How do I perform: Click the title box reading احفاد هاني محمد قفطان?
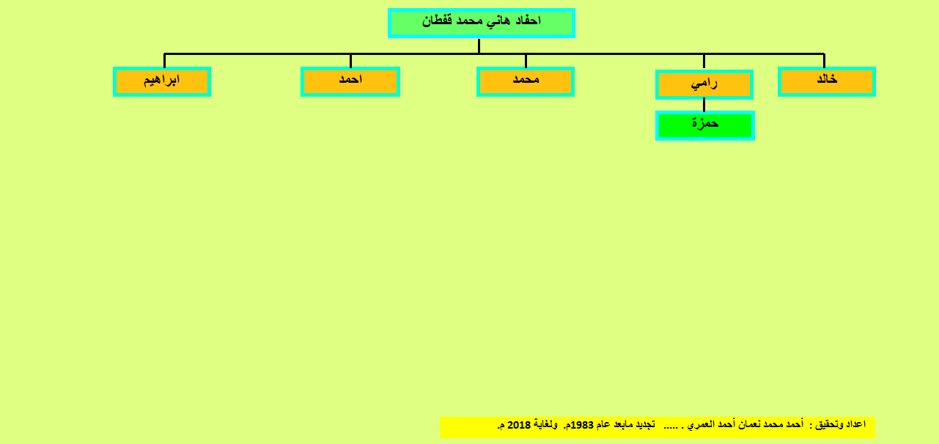482,23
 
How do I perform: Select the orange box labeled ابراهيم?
162,81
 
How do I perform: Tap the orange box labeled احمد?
350,81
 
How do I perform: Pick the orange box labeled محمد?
526,81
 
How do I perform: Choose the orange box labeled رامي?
704,84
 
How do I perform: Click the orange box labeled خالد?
827,81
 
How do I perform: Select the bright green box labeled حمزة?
705,126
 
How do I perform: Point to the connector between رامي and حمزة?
704,105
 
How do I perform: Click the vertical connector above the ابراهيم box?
164,60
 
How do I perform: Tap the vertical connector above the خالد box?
824,60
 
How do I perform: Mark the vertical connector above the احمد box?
350,60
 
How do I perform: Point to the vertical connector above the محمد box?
526,60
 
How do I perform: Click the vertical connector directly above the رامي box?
704,62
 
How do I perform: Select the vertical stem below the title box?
479,45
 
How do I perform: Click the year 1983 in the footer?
582,425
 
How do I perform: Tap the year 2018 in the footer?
519,425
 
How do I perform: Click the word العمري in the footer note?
702,425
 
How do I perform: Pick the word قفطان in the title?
437,21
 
